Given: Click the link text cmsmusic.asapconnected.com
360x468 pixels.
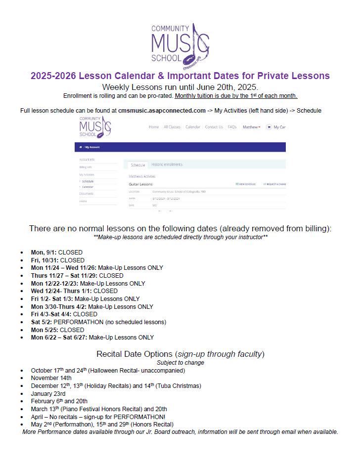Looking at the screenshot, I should click(162, 110).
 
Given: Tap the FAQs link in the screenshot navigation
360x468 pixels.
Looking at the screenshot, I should click(232, 127).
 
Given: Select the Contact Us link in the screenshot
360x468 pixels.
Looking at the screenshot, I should click(214, 127).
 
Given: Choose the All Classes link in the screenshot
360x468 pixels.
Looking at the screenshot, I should click(172, 127).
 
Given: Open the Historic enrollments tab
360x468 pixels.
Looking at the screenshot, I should click(167, 165).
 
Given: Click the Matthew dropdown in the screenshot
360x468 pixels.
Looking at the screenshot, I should click(251, 127).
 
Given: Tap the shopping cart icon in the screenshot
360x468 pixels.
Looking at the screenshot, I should click(269, 127).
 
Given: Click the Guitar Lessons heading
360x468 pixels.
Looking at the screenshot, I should click(140, 184).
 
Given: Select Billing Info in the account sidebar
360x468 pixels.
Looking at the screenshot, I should click(86, 167).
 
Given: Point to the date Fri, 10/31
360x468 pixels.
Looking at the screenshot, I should click(44, 260).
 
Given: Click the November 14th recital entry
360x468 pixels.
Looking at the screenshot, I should click(51, 378).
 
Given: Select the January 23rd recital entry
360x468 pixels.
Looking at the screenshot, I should click(48, 393).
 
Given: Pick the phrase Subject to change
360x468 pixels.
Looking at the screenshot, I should click(180, 362).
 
